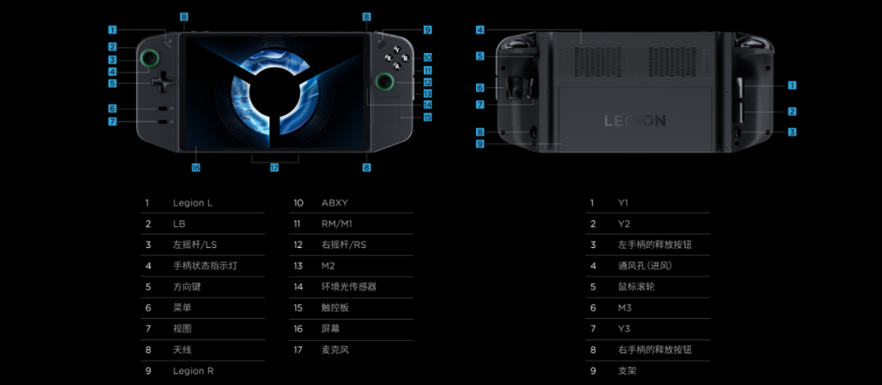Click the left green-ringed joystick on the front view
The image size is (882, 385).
click(149, 58)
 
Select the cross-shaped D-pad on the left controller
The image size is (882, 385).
click(163, 82)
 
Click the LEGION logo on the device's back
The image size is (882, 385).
click(635, 121)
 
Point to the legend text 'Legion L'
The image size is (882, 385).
click(193, 202)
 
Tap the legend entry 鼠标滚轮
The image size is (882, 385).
click(638, 286)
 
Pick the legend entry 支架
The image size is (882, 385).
click(627, 371)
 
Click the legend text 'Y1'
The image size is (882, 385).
click(624, 202)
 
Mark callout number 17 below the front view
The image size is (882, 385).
click(274, 167)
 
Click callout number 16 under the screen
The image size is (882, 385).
click(196, 167)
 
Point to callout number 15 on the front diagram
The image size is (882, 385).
click(427, 117)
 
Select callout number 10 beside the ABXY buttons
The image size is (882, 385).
click(427, 58)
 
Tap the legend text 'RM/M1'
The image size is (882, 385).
click(337, 223)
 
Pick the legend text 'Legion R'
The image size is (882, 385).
click(194, 371)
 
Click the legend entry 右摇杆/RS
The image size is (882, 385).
click(344, 245)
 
